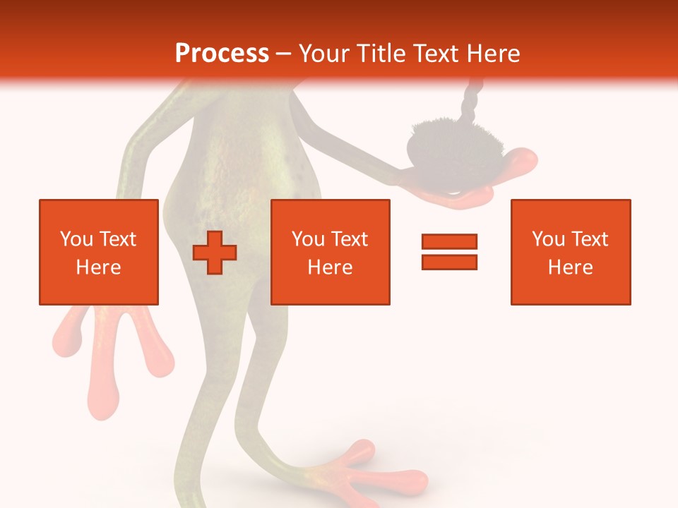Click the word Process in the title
222,54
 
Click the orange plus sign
215,253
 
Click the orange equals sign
449,252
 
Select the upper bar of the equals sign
449,242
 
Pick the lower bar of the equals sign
449,262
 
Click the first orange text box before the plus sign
98,252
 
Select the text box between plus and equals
330,252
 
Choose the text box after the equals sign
570,252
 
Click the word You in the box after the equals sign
548,239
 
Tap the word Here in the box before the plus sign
98,267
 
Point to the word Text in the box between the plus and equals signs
350,239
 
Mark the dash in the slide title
284,54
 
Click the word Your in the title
325,54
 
